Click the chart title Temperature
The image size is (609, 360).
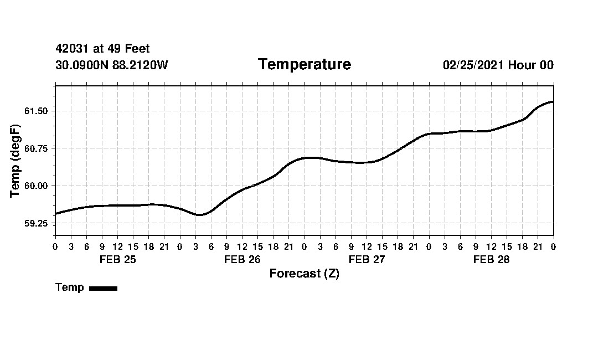click(304, 65)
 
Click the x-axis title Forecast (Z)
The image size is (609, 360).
click(304, 274)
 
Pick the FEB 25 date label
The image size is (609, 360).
click(117, 260)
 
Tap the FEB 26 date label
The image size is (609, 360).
click(242, 260)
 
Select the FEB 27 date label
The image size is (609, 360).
click(367, 260)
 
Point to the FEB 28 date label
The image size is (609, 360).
click(491, 260)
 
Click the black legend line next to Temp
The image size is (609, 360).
click(103, 288)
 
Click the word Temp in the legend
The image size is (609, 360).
click(70, 287)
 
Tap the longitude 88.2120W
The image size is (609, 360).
click(140, 65)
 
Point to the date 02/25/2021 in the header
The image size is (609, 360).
click(473, 65)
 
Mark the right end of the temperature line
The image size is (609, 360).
click(553, 102)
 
